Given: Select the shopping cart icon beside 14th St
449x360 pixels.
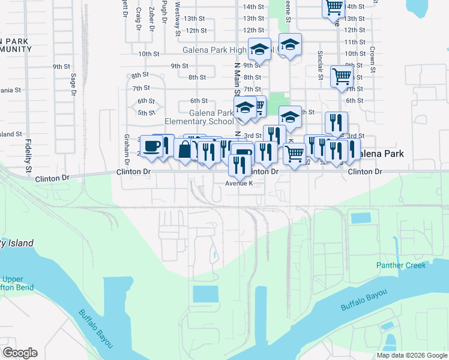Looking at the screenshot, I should (333, 8).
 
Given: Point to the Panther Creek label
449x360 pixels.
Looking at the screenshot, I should (401, 265).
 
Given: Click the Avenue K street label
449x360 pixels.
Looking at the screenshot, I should (244, 184).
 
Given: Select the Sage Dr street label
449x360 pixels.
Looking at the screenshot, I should (73, 85).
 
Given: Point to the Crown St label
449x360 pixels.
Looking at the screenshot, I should (373, 59).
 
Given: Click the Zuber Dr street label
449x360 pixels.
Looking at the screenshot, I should (151, 18).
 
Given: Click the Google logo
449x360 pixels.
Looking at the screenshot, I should (19, 353).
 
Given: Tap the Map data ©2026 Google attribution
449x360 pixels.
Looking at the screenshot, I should (412, 355).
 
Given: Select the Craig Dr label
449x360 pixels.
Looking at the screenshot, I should (138, 18).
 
